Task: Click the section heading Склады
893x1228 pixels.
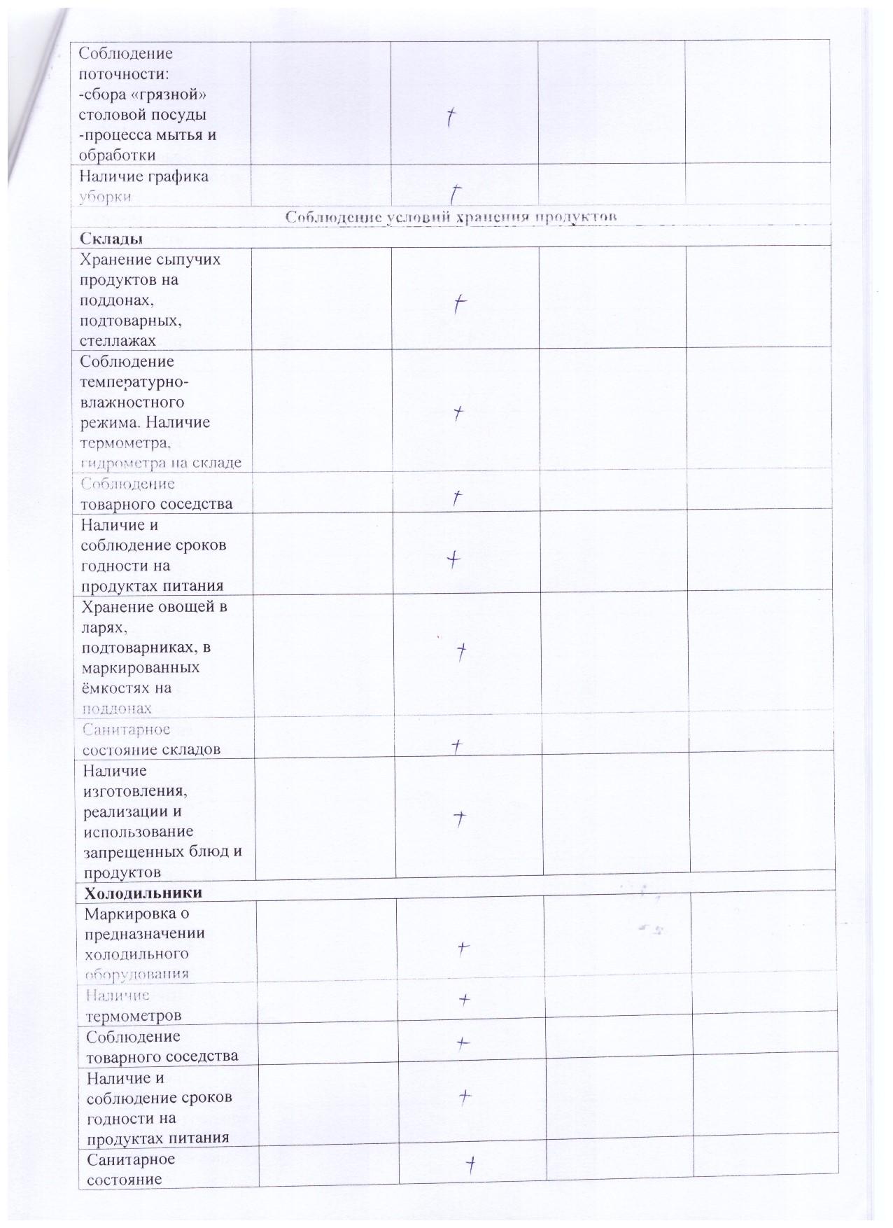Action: [x=111, y=239]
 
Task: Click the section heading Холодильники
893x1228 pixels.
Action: [x=143, y=893]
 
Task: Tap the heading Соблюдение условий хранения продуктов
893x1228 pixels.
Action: [x=451, y=218]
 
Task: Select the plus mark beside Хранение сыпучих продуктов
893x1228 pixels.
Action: [x=459, y=304]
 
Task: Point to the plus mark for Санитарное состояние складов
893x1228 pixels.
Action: [x=456, y=746]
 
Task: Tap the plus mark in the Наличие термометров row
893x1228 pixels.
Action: [x=463, y=999]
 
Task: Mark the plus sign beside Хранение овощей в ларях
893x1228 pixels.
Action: [x=461, y=652]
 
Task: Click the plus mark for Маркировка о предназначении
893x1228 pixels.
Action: [x=463, y=948]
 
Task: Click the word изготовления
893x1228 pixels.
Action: [x=137, y=791]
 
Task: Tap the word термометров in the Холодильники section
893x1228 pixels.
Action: [x=133, y=1015]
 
